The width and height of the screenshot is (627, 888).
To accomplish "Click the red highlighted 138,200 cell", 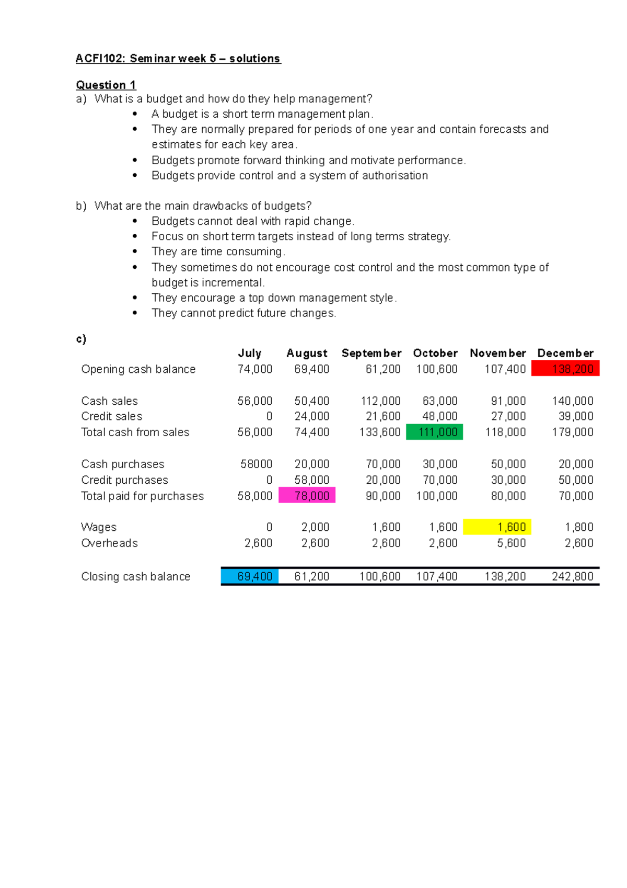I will (565, 369).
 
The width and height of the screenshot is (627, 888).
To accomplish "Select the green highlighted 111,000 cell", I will (435, 432).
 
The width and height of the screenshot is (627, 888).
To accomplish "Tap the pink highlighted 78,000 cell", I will (307, 495).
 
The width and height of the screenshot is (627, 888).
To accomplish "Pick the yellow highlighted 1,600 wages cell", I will (497, 527).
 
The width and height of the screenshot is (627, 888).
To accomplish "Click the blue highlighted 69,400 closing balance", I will (250, 576).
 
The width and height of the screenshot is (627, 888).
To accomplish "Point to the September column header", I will (371, 353).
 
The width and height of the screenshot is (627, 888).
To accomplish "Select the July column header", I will (250, 353).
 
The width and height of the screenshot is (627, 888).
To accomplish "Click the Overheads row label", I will (110, 543).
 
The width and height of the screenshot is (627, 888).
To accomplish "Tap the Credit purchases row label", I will (125, 480).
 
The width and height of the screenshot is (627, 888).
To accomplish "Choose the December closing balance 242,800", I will (573, 576).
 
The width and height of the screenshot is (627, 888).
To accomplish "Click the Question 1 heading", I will (106, 85).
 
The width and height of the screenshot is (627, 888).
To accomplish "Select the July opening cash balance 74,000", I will (255, 369).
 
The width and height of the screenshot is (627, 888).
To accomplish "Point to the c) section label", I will (81, 339).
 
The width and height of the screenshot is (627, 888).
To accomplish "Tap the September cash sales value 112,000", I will (381, 401).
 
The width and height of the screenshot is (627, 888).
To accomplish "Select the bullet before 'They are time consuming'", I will (135, 252).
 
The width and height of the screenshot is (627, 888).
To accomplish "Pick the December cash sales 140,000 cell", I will (573, 401).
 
